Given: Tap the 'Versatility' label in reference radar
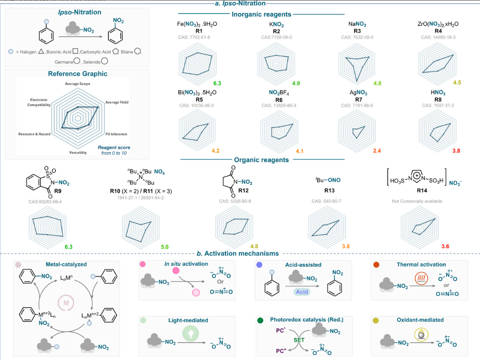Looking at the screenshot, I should (79, 153).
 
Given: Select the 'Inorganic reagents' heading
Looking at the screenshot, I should (262, 15).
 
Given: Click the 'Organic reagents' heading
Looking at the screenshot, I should (262, 160).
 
